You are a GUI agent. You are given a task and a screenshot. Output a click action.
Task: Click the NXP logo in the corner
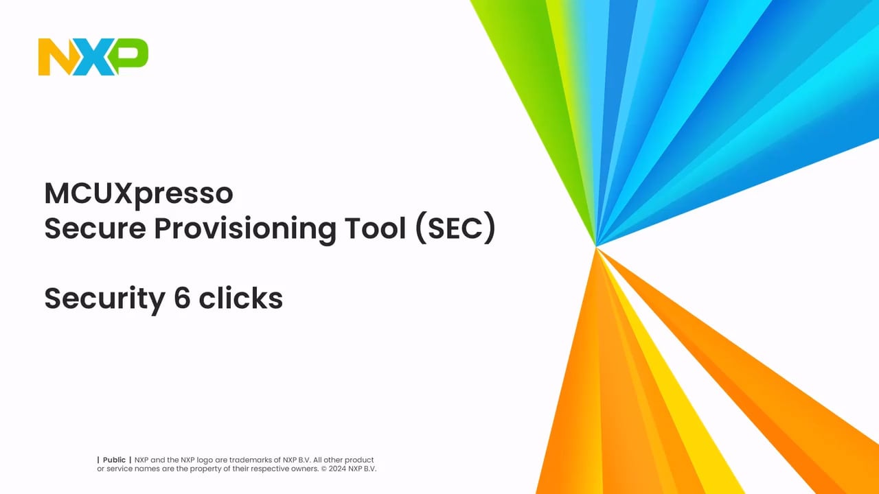[x=93, y=57]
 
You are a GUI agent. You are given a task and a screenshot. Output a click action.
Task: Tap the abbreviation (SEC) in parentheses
[x=456, y=230]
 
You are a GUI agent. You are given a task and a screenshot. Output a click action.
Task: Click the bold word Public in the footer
[x=114, y=460]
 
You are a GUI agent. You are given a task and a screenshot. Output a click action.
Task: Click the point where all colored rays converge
[x=596, y=246]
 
